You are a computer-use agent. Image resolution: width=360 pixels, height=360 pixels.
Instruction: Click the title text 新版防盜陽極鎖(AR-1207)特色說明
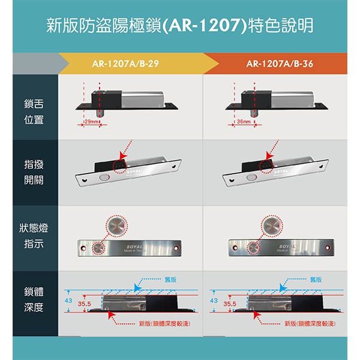(179, 26)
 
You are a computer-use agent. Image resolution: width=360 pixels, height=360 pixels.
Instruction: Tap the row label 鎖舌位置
(34, 112)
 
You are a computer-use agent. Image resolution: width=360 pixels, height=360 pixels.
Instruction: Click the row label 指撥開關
(34, 172)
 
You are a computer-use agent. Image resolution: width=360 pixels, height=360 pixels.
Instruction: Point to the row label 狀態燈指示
(34, 237)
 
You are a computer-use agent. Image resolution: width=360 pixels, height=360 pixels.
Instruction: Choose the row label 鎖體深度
(34, 300)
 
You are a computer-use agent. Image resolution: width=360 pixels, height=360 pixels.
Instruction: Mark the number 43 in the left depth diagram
(68, 299)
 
